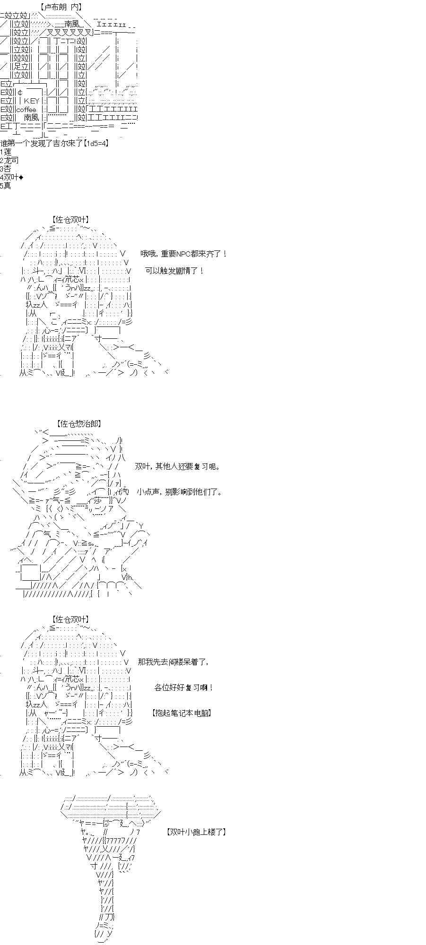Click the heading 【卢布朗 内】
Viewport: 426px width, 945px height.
tap(61, 7)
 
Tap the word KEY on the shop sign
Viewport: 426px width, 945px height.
tap(32, 101)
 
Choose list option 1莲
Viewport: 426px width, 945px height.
tap(5, 152)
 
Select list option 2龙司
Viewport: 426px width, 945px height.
tap(9, 160)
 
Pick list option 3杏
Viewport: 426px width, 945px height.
tap(5, 169)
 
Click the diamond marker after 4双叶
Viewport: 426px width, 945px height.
tap(21, 177)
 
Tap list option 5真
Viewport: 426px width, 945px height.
tap(5, 185)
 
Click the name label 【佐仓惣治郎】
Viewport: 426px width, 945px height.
tap(78, 424)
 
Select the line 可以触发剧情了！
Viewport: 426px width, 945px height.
tap(174, 271)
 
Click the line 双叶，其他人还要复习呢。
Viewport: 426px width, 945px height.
tap(178, 466)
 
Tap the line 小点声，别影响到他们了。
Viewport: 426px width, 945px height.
tap(179, 492)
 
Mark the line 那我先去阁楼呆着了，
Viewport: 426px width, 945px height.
tap(173, 661)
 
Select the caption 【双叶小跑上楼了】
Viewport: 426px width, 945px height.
tap(196, 832)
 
